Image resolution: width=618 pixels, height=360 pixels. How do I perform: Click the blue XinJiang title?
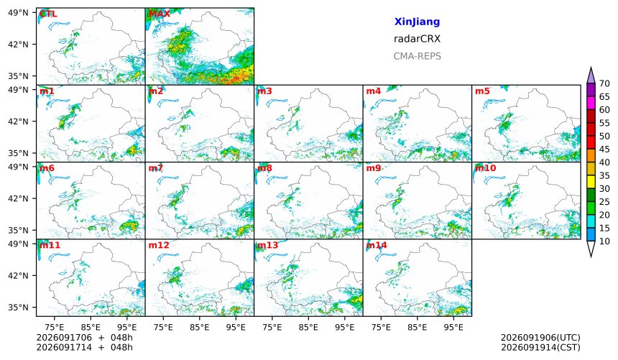[417, 22]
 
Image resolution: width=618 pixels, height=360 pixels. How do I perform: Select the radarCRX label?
[417, 39]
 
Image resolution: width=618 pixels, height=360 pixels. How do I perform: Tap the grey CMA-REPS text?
[417, 56]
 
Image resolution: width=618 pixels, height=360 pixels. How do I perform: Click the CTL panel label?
[48, 14]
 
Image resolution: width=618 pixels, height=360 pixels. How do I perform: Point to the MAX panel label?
[160, 14]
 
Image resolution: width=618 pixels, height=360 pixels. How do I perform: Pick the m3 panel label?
[264, 91]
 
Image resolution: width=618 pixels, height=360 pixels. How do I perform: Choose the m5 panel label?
[482, 91]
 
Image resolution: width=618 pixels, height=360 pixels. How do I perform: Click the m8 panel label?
[264, 168]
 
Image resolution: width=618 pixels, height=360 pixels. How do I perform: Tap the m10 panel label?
[485, 168]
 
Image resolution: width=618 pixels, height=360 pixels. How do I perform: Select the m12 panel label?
[159, 245]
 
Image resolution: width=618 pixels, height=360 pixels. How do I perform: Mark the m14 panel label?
[377, 245]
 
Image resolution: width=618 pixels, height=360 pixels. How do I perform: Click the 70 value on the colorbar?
[604, 83]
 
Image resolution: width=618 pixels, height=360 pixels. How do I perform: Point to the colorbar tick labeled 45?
[604, 149]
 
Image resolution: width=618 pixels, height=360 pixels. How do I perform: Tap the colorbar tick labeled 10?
[604, 241]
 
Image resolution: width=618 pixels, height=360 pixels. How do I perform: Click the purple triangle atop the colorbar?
[591, 75]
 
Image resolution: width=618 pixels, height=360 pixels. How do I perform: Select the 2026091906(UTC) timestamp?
[540, 338]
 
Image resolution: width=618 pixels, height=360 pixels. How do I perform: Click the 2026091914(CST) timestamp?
[540, 348]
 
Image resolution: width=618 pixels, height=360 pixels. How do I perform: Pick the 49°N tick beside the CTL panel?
[19, 13]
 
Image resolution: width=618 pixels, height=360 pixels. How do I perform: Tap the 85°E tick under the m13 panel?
[308, 327]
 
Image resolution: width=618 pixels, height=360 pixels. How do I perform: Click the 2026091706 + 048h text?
[84, 338]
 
